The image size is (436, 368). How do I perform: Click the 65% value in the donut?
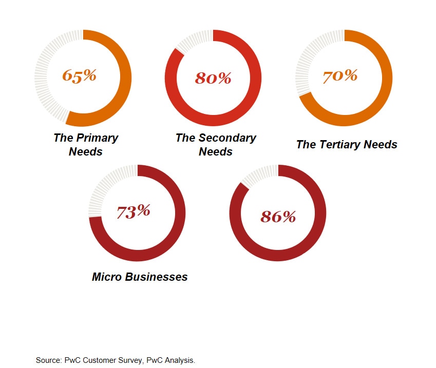tap(80, 75)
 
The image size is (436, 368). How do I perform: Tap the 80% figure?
tap(213, 78)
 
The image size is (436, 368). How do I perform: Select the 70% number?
tap(340, 76)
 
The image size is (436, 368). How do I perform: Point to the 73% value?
tap(134, 211)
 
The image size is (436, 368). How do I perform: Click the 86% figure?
tap(278, 216)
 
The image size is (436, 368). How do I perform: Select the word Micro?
tap(106, 277)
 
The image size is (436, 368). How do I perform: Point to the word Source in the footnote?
tap(47, 360)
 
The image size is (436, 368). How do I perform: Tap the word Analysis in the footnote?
tap(179, 360)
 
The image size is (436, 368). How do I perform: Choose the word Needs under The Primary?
tap(86, 151)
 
